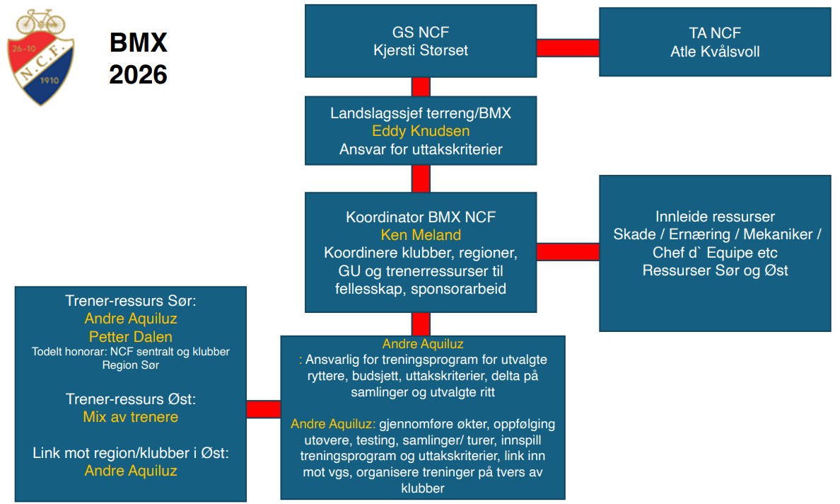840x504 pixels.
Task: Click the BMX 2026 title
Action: click(x=138, y=58)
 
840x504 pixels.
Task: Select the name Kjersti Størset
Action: click(x=421, y=51)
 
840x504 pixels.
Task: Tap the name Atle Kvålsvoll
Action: click(x=715, y=51)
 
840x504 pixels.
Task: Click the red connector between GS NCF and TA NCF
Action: click(x=568, y=47)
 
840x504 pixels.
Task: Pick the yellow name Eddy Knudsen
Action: click(x=421, y=131)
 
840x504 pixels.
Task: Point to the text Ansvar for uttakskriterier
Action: click(x=421, y=149)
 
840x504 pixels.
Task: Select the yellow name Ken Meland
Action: click(x=421, y=234)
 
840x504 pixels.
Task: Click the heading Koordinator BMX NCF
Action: click(x=421, y=217)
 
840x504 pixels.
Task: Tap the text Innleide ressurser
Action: click(x=715, y=216)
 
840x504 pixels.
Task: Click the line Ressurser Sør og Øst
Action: click(x=715, y=270)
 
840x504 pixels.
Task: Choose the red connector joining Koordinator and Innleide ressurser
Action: click(x=568, y=252)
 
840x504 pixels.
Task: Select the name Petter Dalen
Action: click(x=131, y=336)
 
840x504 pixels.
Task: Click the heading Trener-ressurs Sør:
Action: click(x=131, y=300)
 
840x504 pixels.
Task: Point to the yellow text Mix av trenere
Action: click(x=131, y=417)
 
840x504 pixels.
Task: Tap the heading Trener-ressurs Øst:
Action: click(x=131, y=399)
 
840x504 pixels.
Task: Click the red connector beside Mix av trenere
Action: click(x=263, y=409)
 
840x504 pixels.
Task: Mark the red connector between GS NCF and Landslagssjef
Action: click(x=421, y=86)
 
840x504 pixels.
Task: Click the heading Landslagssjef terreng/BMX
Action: click(x=421, y=113)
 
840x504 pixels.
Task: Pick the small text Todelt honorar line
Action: click(x=131, y=351)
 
